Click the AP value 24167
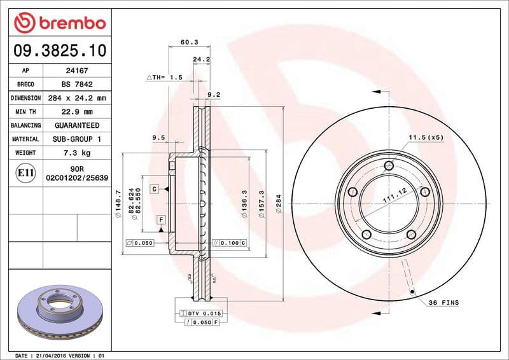77,71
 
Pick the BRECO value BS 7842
77,84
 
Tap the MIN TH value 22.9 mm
77,112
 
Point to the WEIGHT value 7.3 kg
77,153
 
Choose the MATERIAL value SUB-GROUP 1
77,139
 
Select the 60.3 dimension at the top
189,42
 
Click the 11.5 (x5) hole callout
425,137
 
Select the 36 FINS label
443,303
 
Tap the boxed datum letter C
155,189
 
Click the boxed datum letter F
162,220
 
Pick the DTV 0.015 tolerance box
202,314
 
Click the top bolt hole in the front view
389,166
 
